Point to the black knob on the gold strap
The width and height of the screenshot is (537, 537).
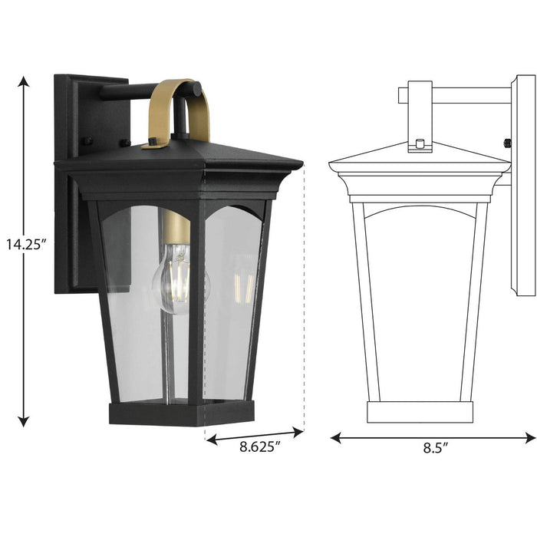[154, 141]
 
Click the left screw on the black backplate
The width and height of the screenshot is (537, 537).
[87, 141]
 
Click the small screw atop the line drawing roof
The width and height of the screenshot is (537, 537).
[419, 143]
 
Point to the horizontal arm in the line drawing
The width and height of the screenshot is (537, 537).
[460, 96]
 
